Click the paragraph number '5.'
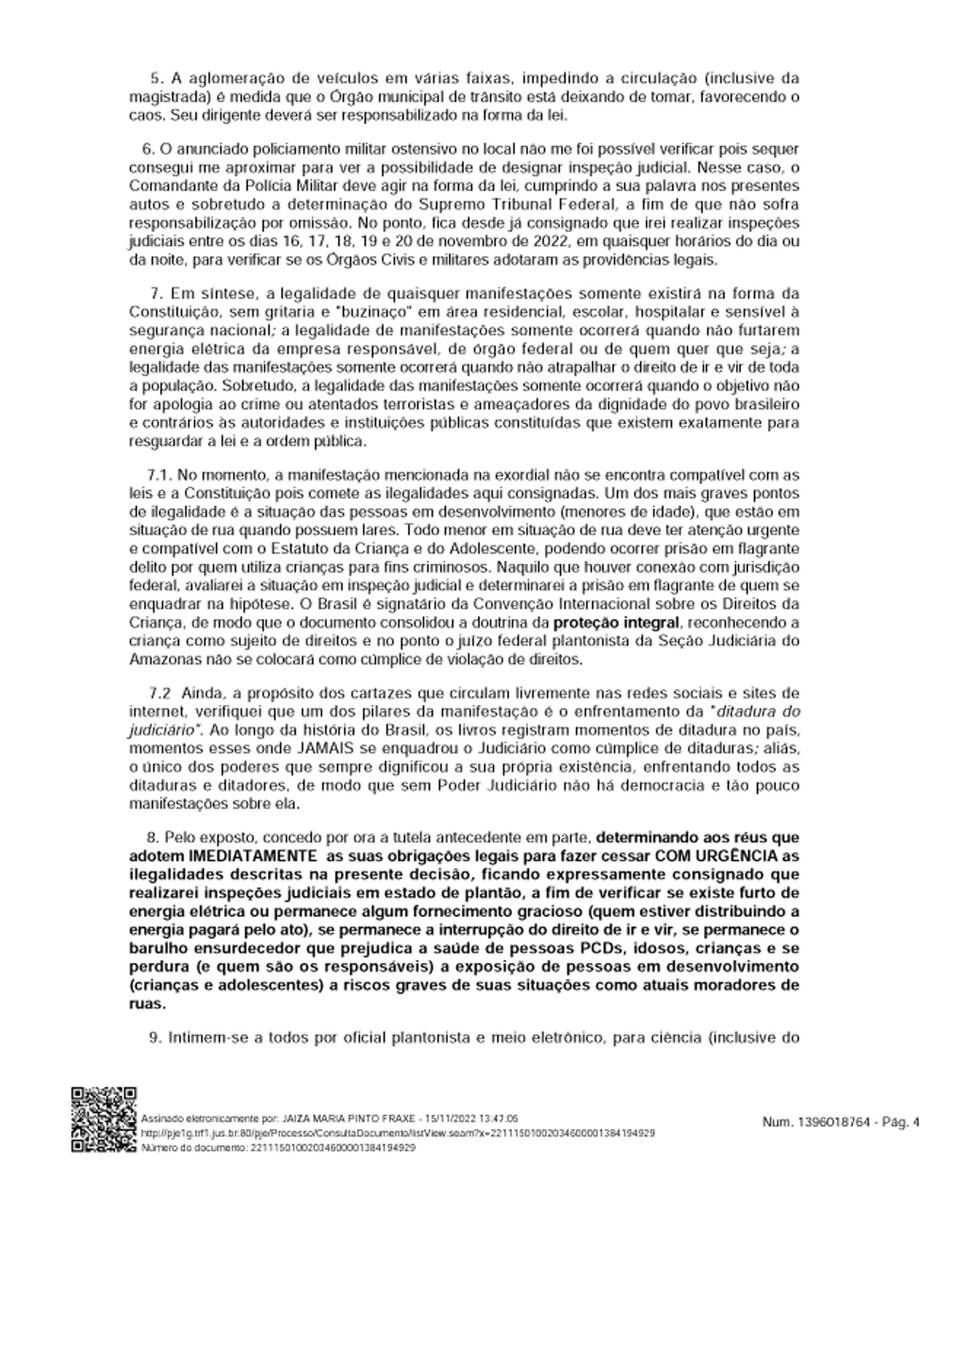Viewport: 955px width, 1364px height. pos(156,79)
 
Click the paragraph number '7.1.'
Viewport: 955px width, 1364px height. pos(160,475)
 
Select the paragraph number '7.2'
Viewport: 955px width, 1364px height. pos(160,693)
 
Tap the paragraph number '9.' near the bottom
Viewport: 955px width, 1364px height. pos(155,1038)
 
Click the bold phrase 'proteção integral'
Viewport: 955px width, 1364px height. pos(615,623)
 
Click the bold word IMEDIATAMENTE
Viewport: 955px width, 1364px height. pos(252,856)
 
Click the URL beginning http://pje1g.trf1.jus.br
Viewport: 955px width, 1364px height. pos(398,1133)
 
